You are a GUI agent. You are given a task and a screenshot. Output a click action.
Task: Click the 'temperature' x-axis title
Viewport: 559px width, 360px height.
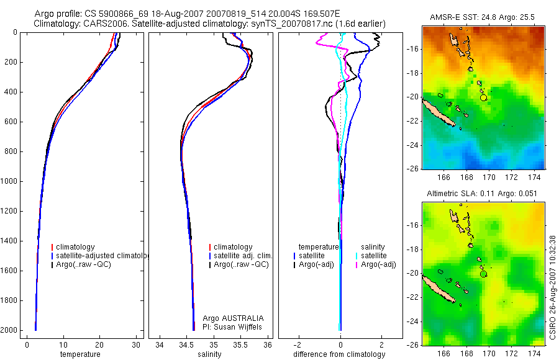click(80, 354)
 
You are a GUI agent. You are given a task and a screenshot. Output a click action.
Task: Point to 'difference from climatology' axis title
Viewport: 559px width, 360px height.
click(339, 354)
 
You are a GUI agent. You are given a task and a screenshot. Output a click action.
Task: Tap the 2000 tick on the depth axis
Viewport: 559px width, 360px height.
click(9, 330)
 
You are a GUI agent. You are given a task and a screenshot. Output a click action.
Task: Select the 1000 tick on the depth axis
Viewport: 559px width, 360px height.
click(9, 181)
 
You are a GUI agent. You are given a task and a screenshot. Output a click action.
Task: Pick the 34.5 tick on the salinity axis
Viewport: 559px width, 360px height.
click(186, 344)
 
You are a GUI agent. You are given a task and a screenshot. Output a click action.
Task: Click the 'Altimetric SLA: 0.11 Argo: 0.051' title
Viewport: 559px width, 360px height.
click(483, 194)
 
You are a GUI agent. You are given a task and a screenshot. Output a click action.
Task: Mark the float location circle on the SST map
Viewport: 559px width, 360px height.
click(483, 97)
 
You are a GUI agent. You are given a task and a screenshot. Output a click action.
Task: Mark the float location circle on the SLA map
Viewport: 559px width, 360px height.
click(483, 273)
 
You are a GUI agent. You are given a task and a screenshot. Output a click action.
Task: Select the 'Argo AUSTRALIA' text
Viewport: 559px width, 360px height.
click(229, 318)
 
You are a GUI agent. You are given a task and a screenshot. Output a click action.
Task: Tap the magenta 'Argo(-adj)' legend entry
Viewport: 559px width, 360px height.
click(378, 264)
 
